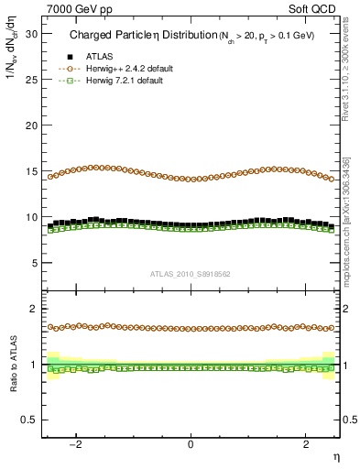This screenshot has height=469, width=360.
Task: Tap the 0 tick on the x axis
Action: click(191, 444)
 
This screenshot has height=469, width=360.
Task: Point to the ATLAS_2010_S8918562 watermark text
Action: click(191, 274)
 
